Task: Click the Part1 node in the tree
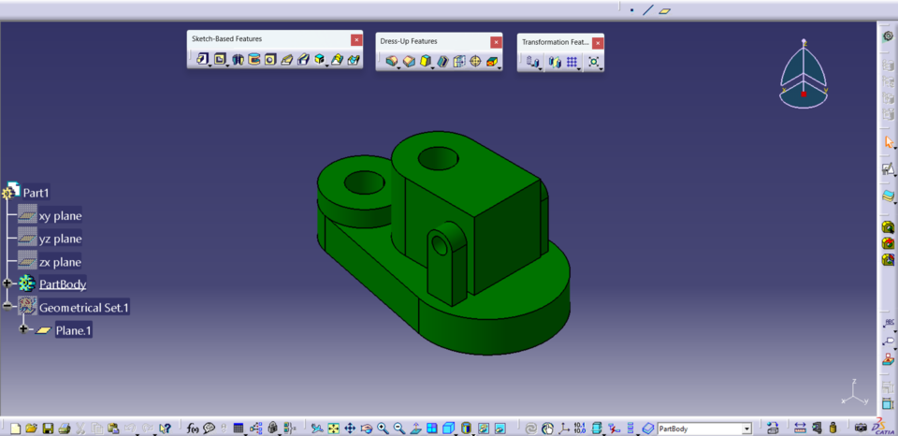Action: point(36,193)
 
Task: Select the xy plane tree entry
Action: point(60,215)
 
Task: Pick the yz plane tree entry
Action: point(60,239)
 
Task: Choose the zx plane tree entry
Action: point(60,262)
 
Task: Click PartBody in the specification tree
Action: point(63,283)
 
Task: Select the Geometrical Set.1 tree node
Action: point(83,307)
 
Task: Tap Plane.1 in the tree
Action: point(73,330)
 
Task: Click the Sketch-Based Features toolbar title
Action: point(226,39)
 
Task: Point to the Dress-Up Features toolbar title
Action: point(407,41)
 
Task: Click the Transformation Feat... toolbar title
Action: point(554,42)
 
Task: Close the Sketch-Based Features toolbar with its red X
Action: point(355,39)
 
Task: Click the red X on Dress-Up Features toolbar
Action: point(495,42)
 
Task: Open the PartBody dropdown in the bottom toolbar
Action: point(746,429)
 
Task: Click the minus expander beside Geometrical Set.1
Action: point(7,306)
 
